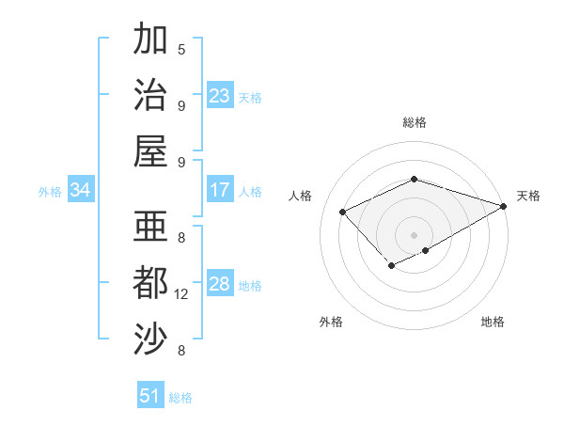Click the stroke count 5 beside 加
[x=181, y=49]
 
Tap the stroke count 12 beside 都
[x=182, y=294]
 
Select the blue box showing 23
[x=220, y=96]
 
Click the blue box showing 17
[x=220, y=190]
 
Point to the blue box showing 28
[x=220, y=284]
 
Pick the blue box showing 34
[x=81, y=190]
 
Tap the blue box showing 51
[x=150, y=396]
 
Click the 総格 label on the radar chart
[x=415, y=122]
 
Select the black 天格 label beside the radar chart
[x=528, y=196]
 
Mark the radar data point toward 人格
[x=343, y=212]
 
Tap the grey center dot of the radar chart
[x=415, y=234]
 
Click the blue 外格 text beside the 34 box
[x=50, y=191]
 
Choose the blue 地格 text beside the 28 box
[x=250, y=285]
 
